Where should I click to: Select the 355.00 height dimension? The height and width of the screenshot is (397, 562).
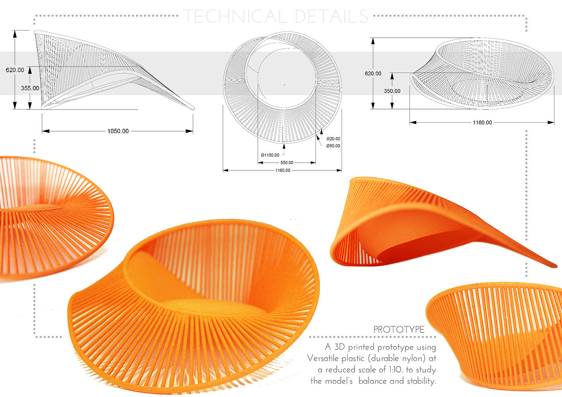[30, 88]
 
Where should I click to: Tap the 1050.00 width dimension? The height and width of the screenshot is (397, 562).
[118, 131]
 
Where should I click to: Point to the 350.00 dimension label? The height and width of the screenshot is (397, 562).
[392, 91]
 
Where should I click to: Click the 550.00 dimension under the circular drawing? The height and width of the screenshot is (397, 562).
[287, 163]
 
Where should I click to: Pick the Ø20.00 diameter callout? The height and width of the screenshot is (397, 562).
[333, 139]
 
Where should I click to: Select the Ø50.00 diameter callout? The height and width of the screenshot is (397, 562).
[333, 146]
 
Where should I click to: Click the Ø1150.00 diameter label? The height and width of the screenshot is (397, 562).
[270, 155]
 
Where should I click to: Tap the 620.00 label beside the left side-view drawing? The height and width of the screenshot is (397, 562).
[15, 70]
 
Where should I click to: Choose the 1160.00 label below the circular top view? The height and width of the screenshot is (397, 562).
[283, 170]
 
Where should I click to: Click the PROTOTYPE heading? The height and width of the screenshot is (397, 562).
[399, 330]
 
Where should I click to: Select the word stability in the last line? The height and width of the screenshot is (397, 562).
[421, 381]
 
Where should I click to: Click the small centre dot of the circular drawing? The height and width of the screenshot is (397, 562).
[284, 85]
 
